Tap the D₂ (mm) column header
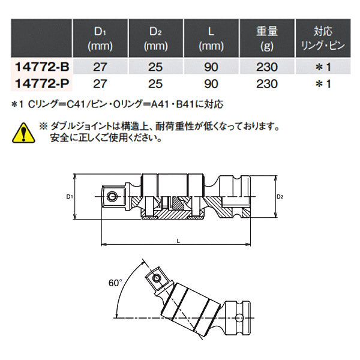pyautogui.click(x=155, y=37)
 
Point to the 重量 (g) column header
pyautogui.click(x=263, y=37)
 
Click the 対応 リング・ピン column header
pyautogui.click(x=323, y=37)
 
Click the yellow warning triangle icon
pyautogui.click(x=22, y=131)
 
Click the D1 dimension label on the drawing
pyautogui.click(x=70, y=196)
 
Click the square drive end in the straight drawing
pyautogui.click(x=112, y=196)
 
